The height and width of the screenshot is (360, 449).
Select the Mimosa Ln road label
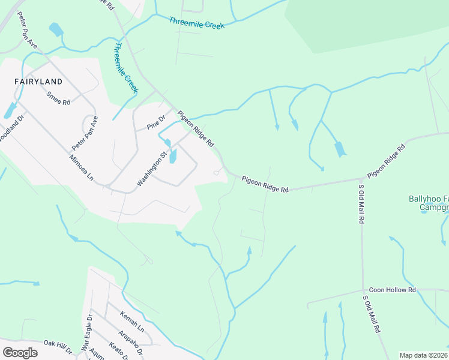[82, 168]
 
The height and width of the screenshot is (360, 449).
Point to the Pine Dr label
[155, 122]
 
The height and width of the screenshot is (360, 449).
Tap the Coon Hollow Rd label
[393, 290]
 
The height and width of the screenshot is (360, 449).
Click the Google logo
[20, 352]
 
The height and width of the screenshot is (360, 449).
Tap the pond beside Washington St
[173, 156]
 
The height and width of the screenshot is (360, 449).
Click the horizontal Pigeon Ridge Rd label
[265, 184]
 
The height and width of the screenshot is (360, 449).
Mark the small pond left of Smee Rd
[10, 110]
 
